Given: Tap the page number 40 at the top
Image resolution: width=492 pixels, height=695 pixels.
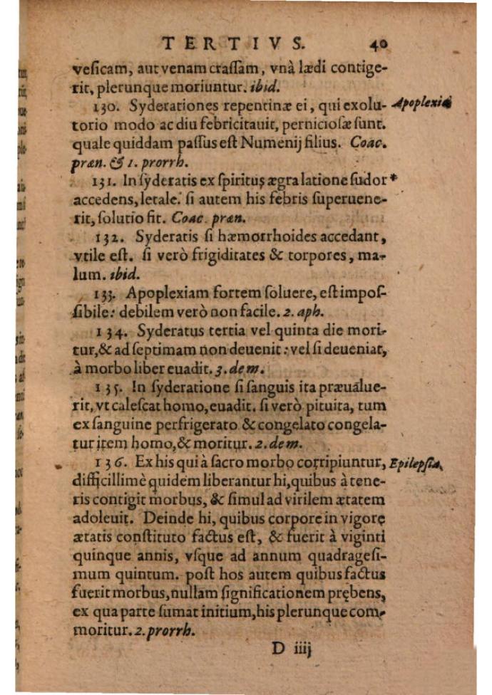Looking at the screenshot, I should (x=379, y=44).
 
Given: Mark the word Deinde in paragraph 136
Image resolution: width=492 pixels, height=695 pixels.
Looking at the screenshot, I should (x=163, y=518).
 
